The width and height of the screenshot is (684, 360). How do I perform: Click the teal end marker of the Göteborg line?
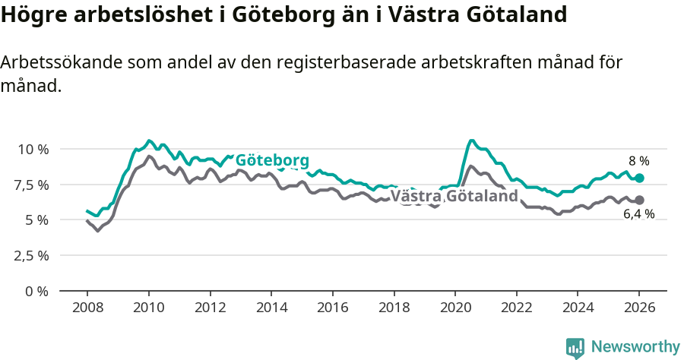click(639, 178)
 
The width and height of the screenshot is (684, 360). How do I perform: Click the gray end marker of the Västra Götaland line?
click(639, 200)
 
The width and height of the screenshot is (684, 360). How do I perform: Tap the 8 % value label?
click(638, 161)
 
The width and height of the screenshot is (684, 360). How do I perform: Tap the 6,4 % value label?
click(638, 215)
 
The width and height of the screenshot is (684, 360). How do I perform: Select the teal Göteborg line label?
click(272, 161)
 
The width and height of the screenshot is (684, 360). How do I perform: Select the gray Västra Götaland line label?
click(454, 197)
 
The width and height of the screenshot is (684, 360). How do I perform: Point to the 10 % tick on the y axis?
click(33, 149)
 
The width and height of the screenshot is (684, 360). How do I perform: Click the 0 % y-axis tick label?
click(38, 291)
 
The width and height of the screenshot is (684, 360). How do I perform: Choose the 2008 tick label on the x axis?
click(87, 309)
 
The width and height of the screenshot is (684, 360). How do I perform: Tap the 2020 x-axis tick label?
click(455, 309)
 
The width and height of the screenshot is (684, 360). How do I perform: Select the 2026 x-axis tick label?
click(639, 309)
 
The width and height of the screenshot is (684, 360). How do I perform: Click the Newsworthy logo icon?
click(575, 347)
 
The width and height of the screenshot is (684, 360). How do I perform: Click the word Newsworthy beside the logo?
click(635, 347)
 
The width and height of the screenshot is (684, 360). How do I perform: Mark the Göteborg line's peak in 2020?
click(471, 141)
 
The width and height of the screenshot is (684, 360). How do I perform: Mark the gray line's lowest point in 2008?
click(97, 230)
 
